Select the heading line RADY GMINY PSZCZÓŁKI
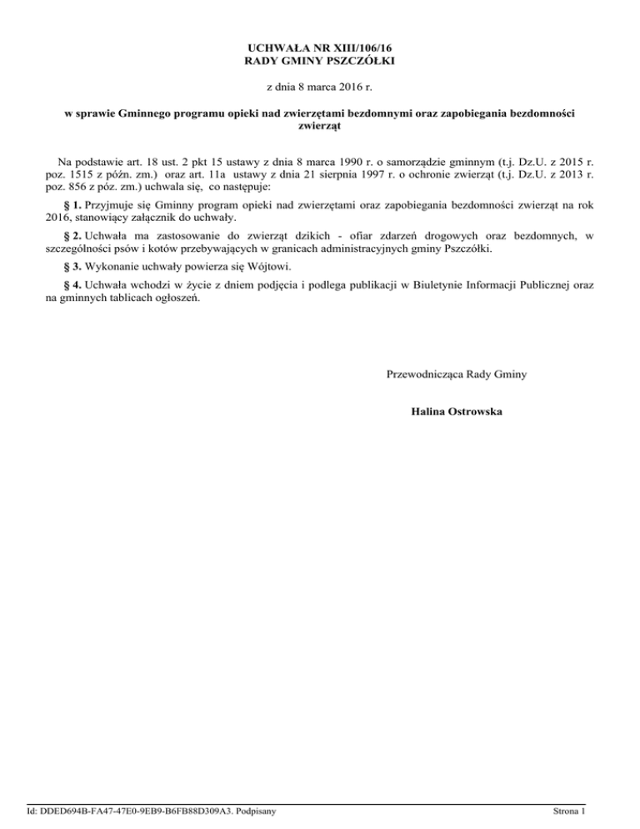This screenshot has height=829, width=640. [320, 62]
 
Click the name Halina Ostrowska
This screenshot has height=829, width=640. [457, 412]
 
